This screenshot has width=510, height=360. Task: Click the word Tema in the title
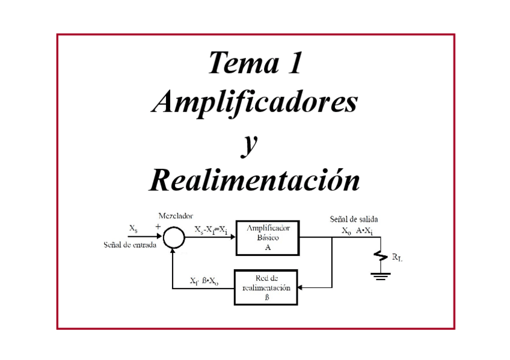(x=237, y=64)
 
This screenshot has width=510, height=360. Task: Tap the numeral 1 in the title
(x=293, y=64)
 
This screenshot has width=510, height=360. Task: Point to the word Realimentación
(x=254, y=180)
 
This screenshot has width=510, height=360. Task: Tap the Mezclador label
(x=176, y=216)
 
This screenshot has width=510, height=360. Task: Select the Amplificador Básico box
(x=267, y=237)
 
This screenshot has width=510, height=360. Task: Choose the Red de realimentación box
(x=266, y=288)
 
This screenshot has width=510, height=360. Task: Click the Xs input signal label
(x=134, y=228)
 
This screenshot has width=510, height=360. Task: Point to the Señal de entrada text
(x=130, y=245)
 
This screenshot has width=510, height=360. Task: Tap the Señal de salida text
(x=354, y=219)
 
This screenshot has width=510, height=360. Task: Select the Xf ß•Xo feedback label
(x=204, y=281)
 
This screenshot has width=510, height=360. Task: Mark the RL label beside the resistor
(x=397, y=258)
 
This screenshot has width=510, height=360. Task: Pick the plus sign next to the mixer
(x=158, y=227)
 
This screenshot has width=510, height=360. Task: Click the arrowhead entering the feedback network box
(x=301, y=288)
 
